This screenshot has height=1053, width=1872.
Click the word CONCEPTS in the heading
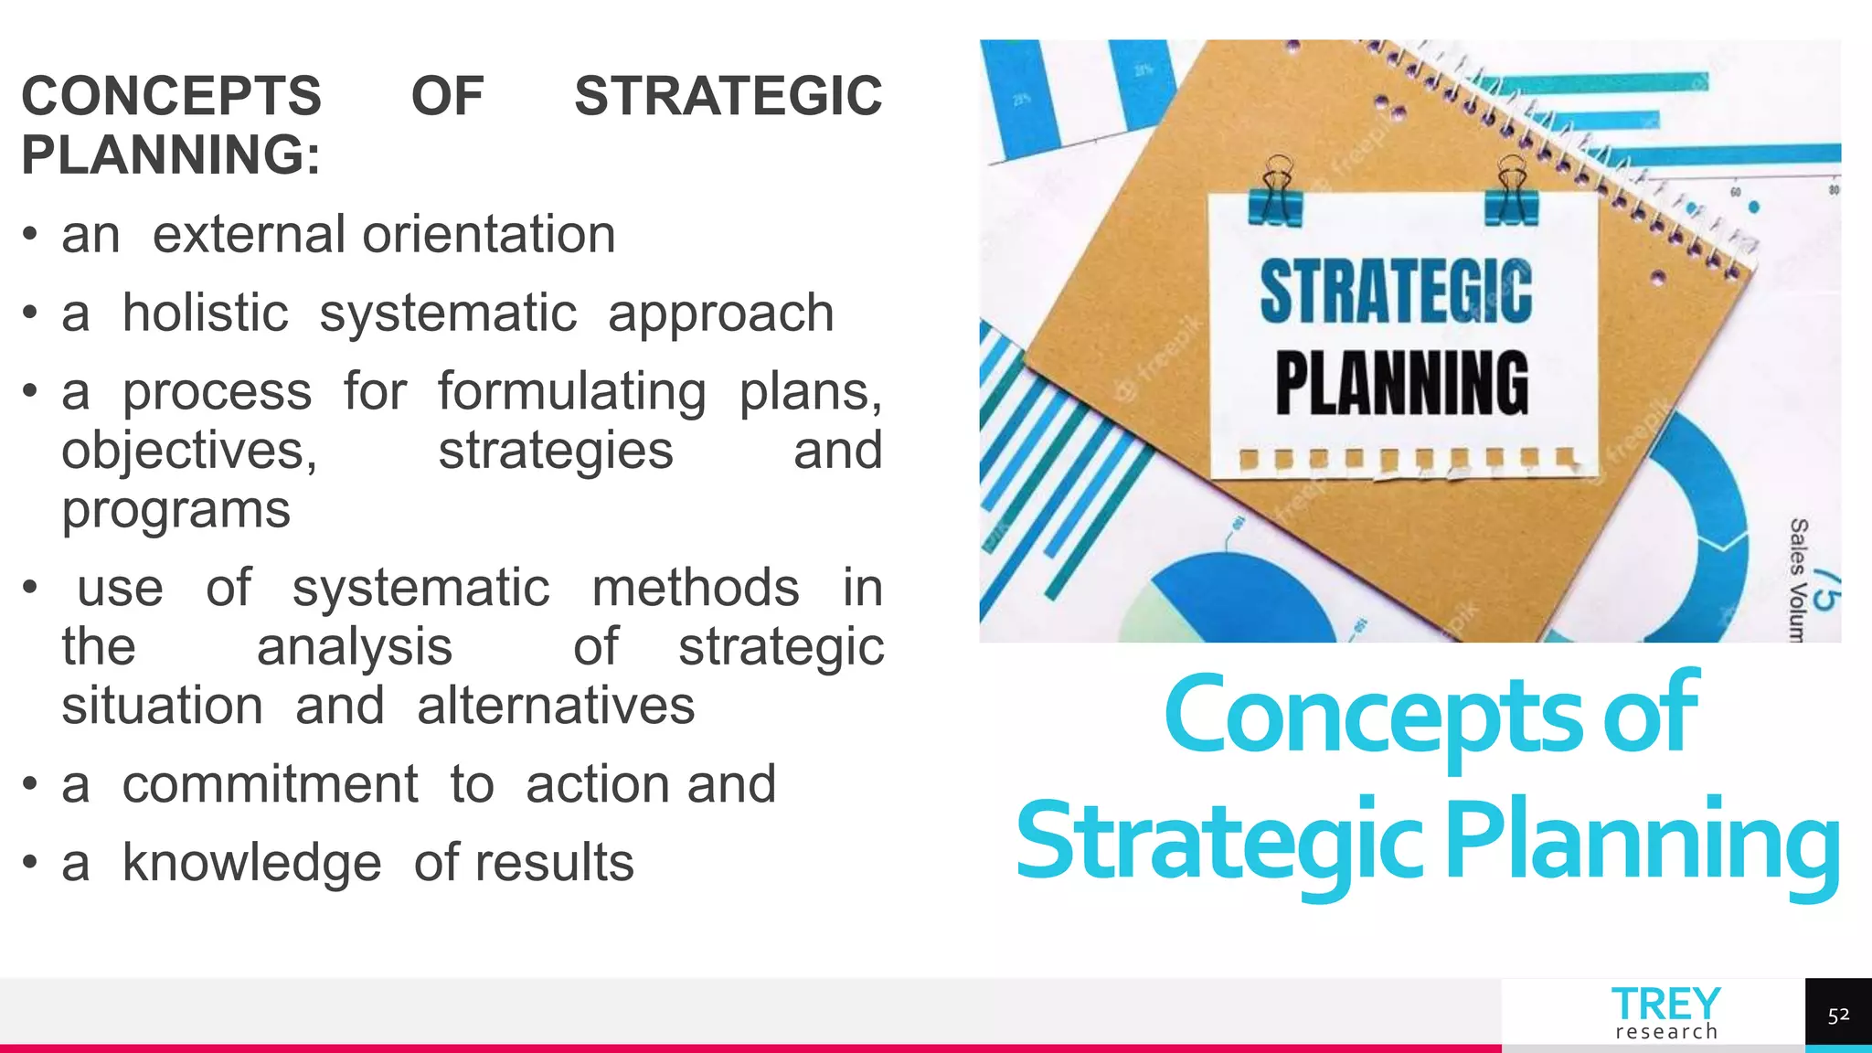(x=171, y=96)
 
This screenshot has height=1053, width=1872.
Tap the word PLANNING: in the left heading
(x=171, y=154)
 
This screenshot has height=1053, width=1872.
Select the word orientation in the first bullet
(x=489, y=235)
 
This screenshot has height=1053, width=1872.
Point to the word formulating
(x=571, y=392)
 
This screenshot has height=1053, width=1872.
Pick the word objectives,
(x=189, y=451)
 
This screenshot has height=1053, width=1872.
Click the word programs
(x=175, y=510)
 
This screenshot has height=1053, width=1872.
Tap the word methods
(x=696, y=588)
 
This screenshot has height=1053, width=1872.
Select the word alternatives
(x=556, y=707)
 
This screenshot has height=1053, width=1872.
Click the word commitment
(x=270, y=785)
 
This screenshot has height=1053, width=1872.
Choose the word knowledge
(x=251, y=863)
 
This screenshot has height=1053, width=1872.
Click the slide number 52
(x=1838, y=1016)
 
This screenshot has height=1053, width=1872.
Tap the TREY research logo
(x=1665, y=1013)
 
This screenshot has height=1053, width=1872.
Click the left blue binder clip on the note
(x=1277, y=192)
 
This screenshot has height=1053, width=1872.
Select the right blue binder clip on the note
(x=1512, y=192)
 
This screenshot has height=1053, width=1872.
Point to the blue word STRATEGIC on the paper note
(x=1396, y=292)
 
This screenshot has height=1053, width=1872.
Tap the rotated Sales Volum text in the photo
(x=1798, y=580)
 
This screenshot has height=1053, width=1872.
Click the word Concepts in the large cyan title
(x=1372, y=714)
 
